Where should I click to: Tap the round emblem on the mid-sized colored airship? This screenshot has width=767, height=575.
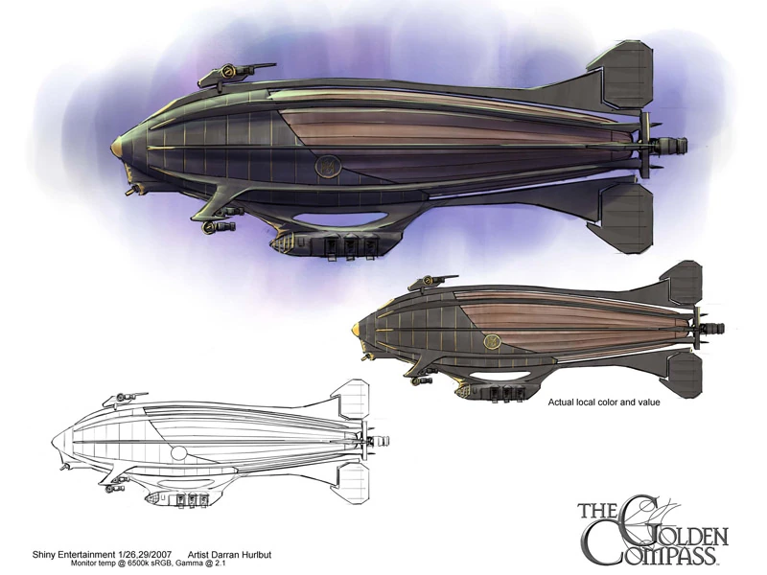(x=491, y=339)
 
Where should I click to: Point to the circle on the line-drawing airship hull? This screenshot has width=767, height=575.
(x=178, y=451)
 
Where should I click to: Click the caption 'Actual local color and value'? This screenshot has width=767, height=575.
(x=605, y=403)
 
